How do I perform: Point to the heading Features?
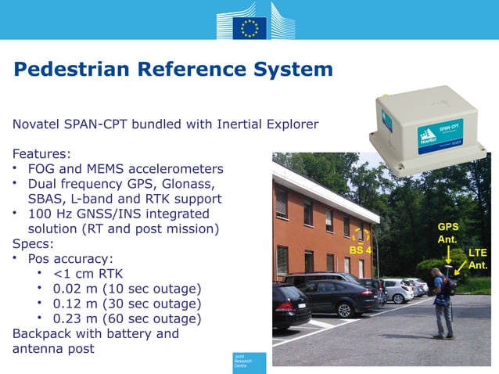(x=41, y=154)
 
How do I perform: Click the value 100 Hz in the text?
(x=53, y=214)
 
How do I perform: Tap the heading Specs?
(x=34, y=243)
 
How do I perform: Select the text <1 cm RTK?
(x=88, y=274)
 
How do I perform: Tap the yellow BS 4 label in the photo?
(x=361, y=250)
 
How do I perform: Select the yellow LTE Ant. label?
(x=478, y=259)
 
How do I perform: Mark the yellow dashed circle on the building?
(x=361, y=236)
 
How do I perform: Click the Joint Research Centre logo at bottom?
(x=249, y=362)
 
